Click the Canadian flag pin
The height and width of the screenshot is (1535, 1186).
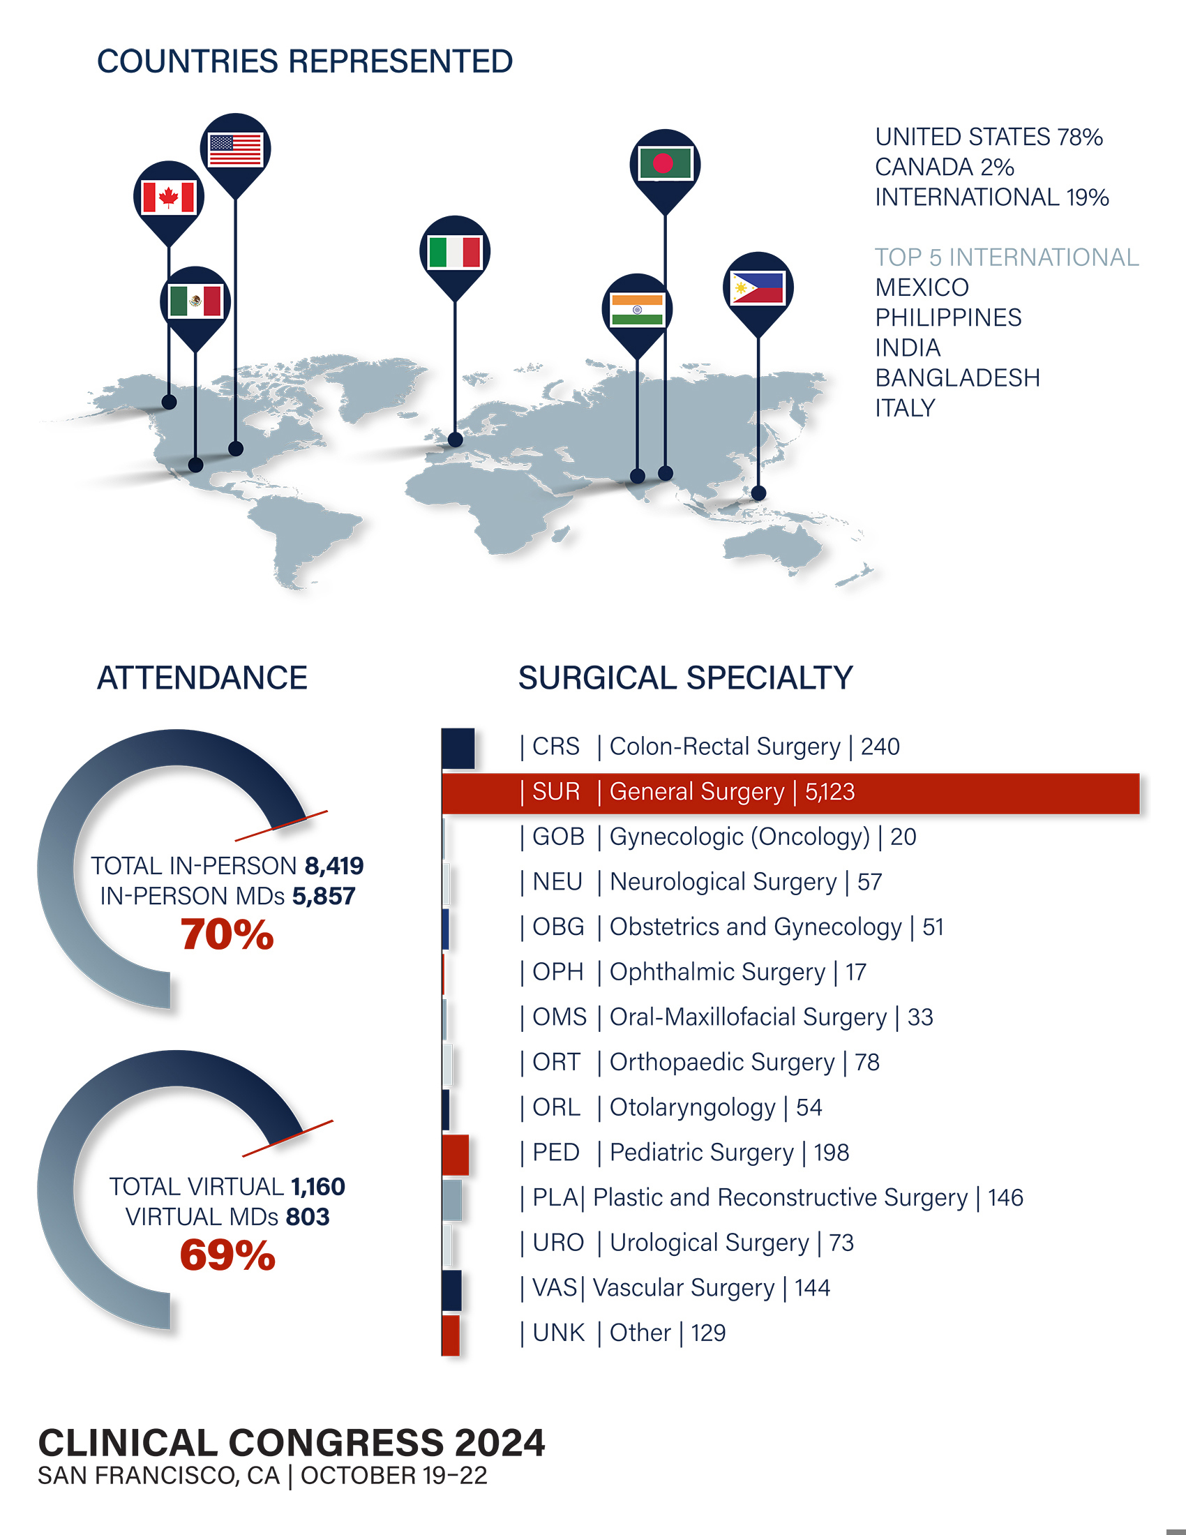tap(169, 197)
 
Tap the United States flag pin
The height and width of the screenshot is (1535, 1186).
tap(235, 150)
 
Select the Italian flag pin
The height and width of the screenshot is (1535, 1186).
tap(455, 252)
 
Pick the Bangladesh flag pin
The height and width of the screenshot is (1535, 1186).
tap(665, 165)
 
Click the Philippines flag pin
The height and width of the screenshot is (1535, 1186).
tap(758, 287)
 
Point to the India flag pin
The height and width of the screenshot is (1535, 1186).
tap(636, 309)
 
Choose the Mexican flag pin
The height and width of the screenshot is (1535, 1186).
tap(195, 301)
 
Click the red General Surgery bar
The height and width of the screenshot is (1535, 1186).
tap(790, 793)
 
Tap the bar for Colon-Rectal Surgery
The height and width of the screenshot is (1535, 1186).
tap(458, 749)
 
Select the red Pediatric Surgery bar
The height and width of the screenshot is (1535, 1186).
tap(456, 1154)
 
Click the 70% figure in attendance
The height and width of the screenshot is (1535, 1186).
tap(227, 935)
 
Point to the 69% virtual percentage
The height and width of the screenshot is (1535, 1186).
tap(227, 1256)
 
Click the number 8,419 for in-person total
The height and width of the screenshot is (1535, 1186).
tap(333, 866)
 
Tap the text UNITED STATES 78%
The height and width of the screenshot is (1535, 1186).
tap(988, 137)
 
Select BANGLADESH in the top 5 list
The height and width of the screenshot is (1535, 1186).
tap(957, 378)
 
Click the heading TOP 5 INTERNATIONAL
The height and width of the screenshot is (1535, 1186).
tap(1006, 257)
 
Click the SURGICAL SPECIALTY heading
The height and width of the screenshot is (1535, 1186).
tap(685, 678)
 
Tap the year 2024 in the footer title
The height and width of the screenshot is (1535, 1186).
tap(500, 1443)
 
